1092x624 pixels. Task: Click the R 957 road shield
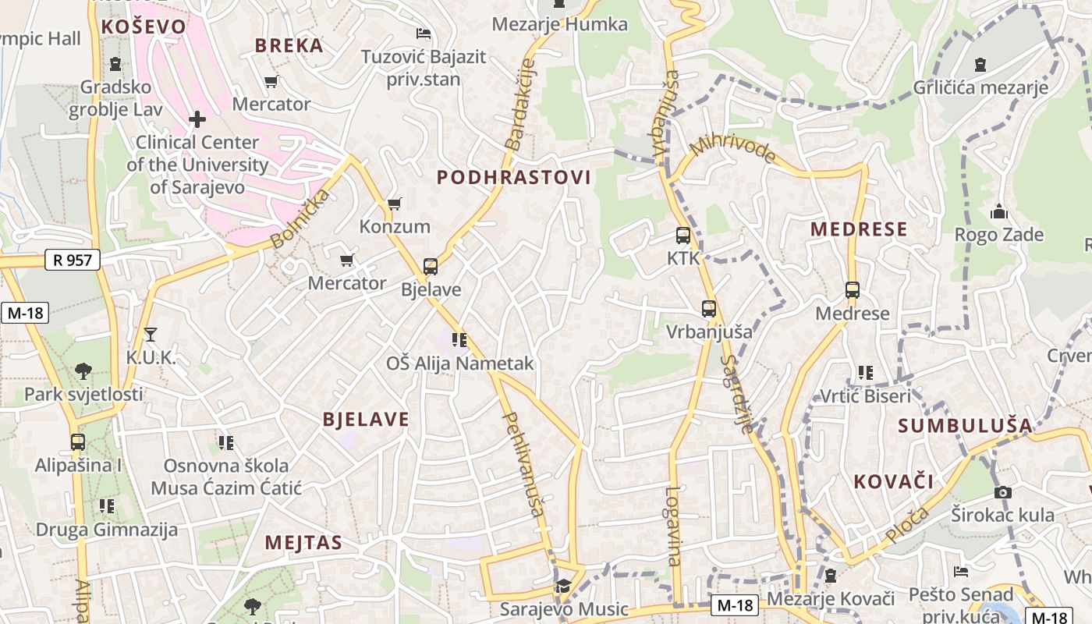(73, 260)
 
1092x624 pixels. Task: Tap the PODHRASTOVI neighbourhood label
(514, 178)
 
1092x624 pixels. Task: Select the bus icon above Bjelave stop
(431, 267)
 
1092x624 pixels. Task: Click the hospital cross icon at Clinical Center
(197, 119)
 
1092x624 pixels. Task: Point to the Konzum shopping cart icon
(395, 204)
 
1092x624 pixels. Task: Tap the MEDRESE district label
(859, 229)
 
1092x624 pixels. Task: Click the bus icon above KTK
(683, 235)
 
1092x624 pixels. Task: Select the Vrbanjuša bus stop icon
(709, 309)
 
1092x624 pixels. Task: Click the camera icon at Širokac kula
(1003, 492)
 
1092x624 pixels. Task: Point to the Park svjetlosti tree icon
(83, 370)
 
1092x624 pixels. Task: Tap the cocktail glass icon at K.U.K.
(151, 335)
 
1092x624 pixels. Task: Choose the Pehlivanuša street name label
(523, 464)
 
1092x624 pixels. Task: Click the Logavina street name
(673, 526)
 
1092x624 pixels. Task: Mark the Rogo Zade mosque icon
(999, 211)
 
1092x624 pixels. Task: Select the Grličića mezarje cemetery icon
(980, 65)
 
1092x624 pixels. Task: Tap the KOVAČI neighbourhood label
(894, 481)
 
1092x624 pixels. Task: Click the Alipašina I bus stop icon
(78, 442)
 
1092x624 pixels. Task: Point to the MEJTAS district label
(303, 543)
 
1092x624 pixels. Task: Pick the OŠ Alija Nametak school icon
(459, 340)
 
